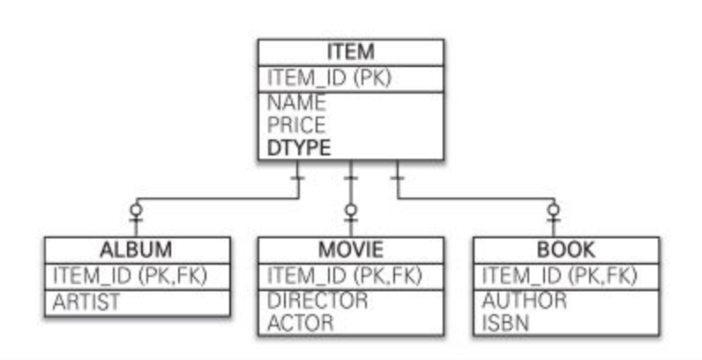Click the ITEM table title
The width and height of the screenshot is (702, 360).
[x=350, y=51]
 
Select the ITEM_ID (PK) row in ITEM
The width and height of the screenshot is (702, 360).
[x=329, y=78]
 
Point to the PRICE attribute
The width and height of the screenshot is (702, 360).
[x=296, y=125]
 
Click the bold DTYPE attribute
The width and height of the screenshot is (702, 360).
[x=299, y=148]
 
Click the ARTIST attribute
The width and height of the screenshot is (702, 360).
[x=86, y=302]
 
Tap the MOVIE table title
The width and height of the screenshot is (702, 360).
[x=350, y=250]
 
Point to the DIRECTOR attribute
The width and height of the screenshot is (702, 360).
[x=317, y=300]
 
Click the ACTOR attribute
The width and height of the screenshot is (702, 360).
[x=301, y=322]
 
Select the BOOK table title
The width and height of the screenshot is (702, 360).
[x=565, y=250]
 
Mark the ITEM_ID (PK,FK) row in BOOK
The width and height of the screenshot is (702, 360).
[x=559, y=275]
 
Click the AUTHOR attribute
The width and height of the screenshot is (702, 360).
[x=524, y=300]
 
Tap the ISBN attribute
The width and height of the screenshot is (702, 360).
[x=505, y=322]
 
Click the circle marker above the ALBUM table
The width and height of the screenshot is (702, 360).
[x=136, y=210]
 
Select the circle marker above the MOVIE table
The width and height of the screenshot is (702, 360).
[x=350, y=210]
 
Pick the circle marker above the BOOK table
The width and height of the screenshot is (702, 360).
[x=553, y=210]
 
